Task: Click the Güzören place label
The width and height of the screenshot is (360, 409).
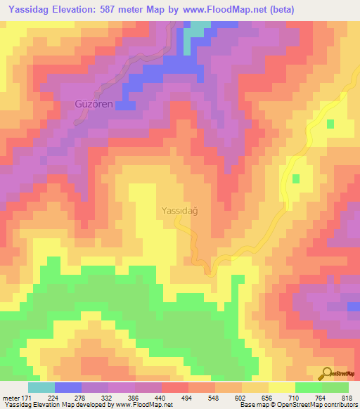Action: [94, 104]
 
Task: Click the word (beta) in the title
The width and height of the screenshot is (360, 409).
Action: [279, 10]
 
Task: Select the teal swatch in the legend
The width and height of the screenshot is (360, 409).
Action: [41, 387]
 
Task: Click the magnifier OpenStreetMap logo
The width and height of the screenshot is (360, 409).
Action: [326, 373]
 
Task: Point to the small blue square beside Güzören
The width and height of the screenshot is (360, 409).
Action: [126, 105]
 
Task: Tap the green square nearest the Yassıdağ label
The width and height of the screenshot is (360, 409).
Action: [296, 178]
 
